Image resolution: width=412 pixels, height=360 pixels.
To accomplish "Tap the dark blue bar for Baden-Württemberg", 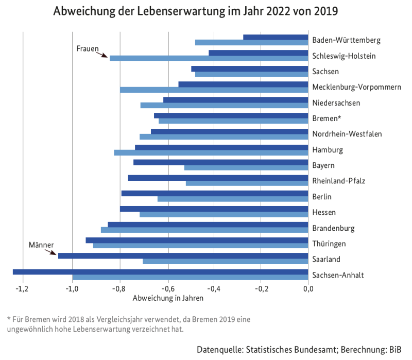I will pos(276,37).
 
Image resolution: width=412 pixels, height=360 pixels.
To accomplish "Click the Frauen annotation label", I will pos(88,48).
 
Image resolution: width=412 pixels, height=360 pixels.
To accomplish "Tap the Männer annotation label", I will pos(41,245).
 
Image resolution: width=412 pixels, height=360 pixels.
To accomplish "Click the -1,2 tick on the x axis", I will pos(22,288).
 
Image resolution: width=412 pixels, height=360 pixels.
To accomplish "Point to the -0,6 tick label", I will pos(168,288).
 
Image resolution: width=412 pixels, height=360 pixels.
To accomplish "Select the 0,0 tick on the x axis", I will pos(308,288).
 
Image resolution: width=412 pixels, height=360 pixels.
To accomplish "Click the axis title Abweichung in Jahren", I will pos(168,298).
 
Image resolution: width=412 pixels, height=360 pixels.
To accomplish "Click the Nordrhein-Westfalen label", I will pos(347,134).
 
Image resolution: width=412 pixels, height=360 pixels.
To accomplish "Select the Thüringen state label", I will pos(329,243).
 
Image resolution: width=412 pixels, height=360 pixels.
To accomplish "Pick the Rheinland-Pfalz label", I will pos(338,181).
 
